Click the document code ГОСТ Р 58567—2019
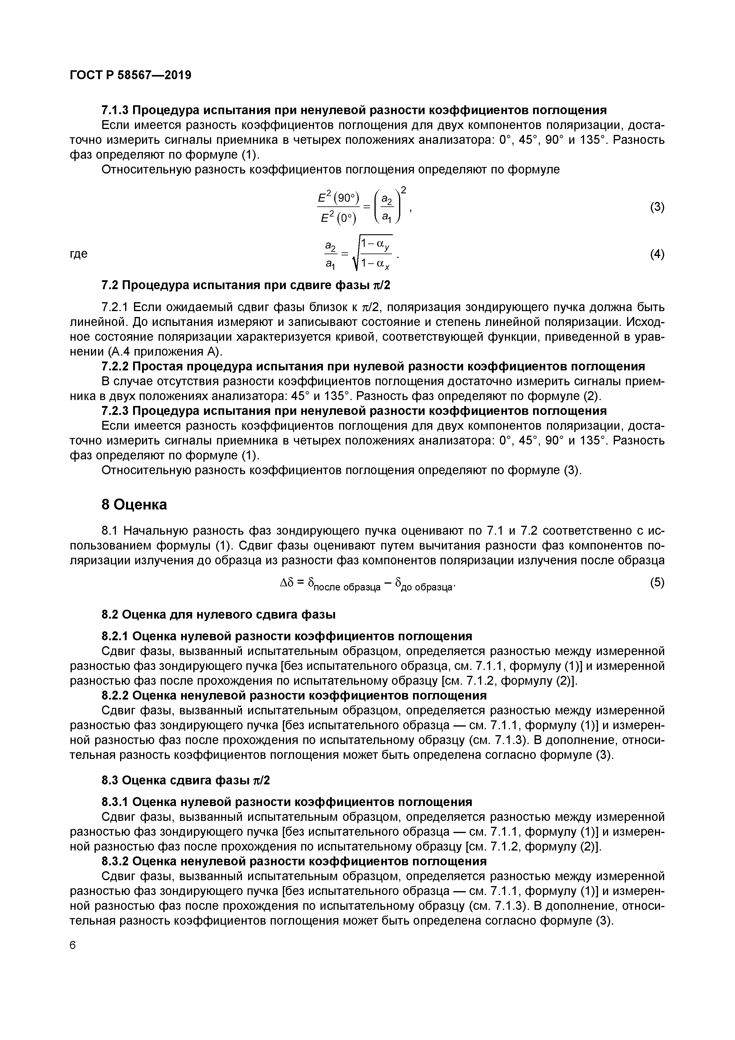(130, 75)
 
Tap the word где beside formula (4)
(79, 254)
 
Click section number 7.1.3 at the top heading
(115, 110)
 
